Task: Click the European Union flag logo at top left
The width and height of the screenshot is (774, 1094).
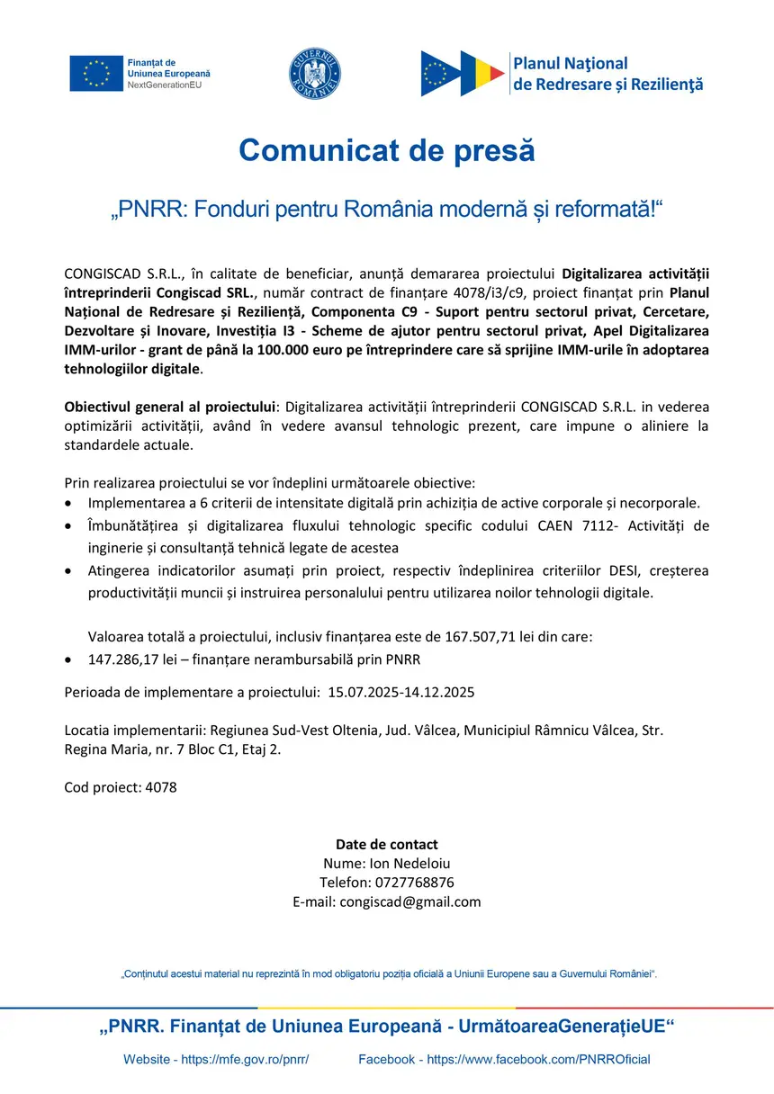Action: [x=96, y=73]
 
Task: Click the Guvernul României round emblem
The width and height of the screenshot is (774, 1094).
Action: [x=315, y=73]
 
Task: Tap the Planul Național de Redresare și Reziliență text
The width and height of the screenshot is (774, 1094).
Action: [x=607, y=74]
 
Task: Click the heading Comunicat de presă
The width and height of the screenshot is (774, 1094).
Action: [x=387, y=149]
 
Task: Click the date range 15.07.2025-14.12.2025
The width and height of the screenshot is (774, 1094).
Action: [x=401, y=693]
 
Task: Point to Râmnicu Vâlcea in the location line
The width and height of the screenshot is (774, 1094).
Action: [x=586, y=731]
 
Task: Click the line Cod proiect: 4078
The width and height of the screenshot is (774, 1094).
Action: [x=121, y=787]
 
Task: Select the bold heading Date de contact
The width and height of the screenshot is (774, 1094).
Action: [x=387, y=844]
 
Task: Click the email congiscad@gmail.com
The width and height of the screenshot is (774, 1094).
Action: [x=410, y=901]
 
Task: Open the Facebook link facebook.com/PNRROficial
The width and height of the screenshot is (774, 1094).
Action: [x=538, y=1060]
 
